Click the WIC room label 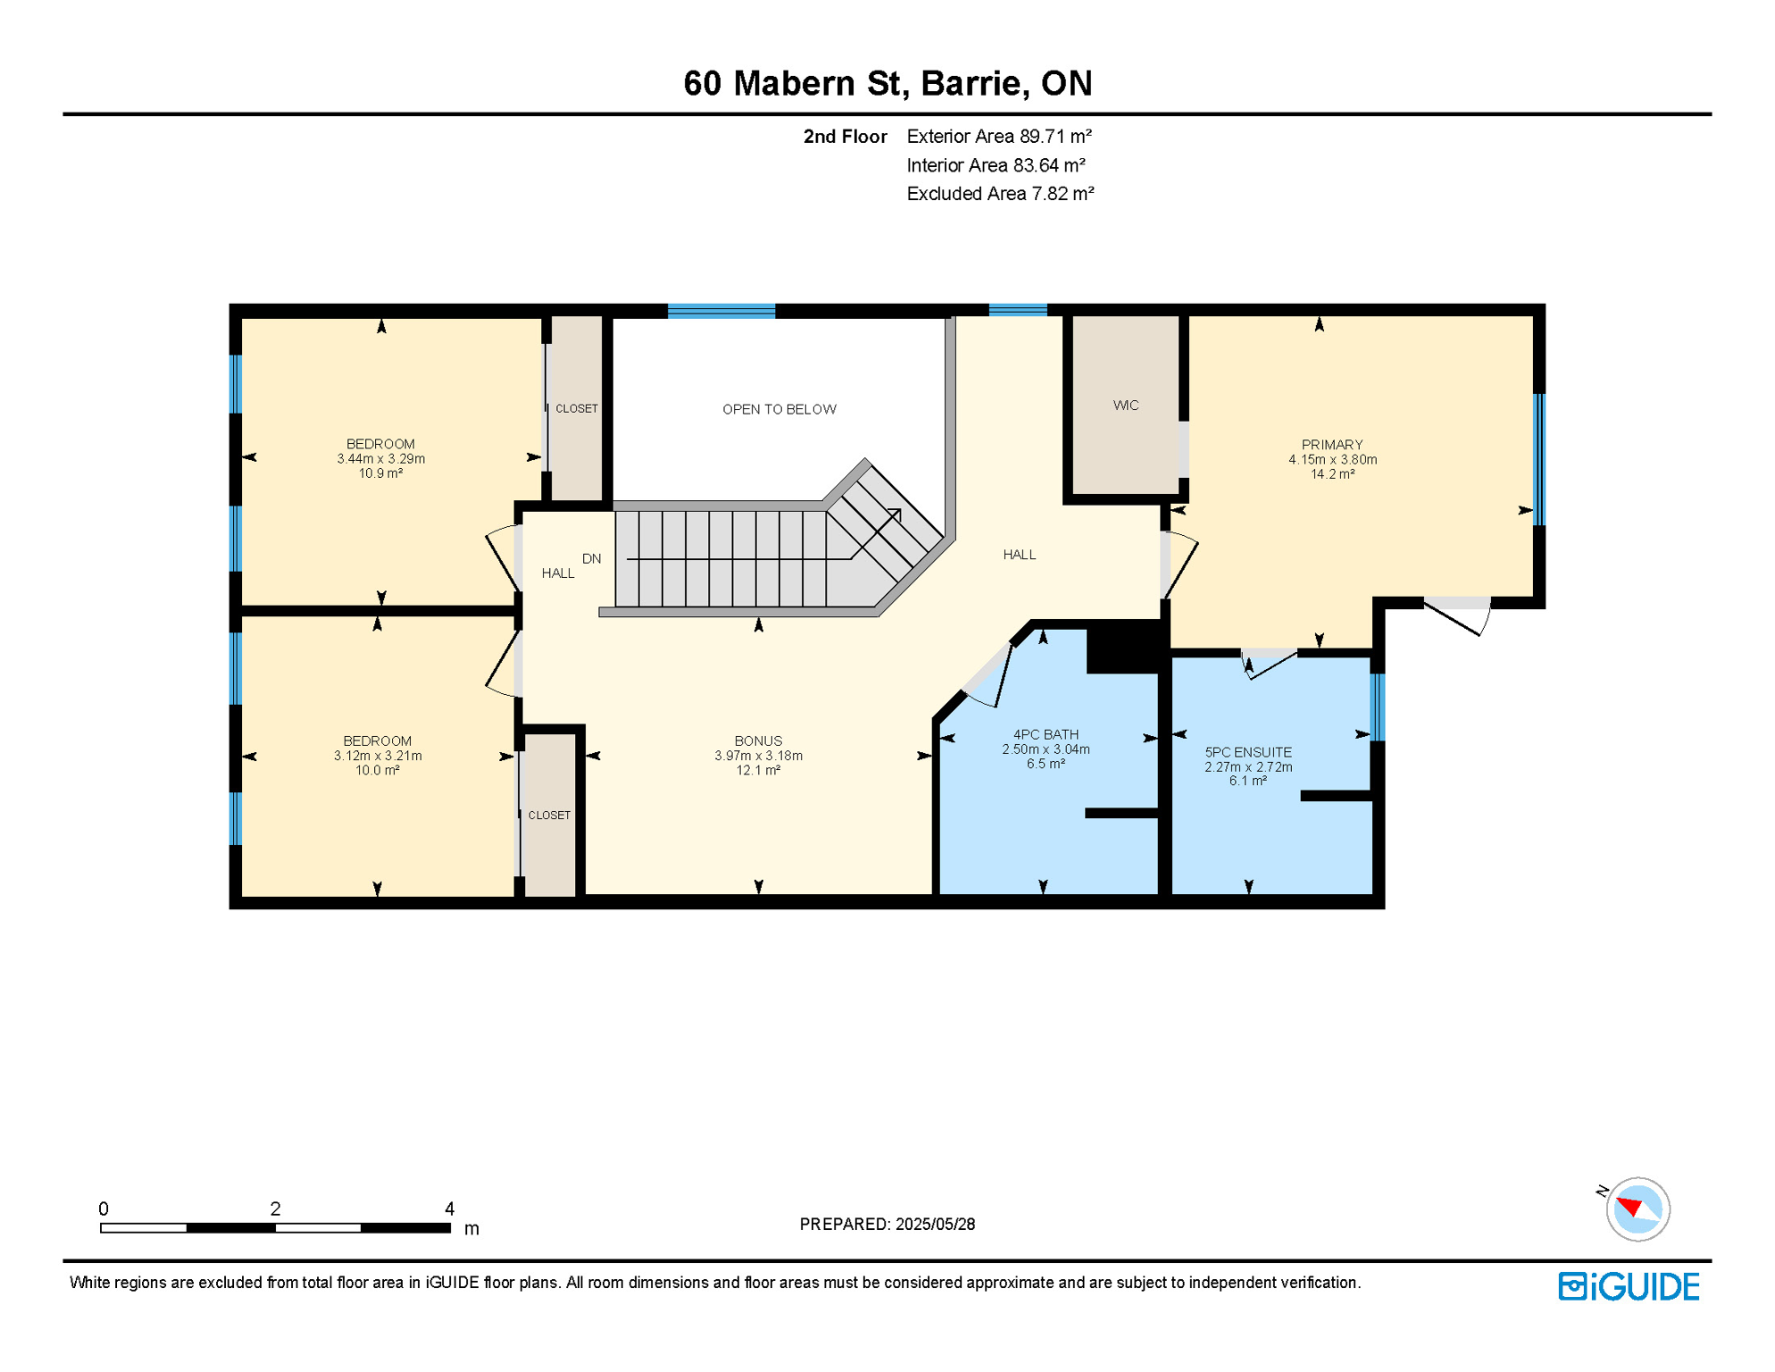pos(1125,406)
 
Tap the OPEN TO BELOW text pos(779,409)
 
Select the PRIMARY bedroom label pos(1331,445)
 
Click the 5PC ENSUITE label pos(1247,752)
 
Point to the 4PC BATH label pos(1045,734)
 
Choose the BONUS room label pos(758,740)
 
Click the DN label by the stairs pos(591,558)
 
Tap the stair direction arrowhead pos(895,515)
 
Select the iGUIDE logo pos(1629,1286)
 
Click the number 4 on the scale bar pos(449,1209)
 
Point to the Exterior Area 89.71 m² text pos(999,136)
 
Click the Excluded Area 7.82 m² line pos(1000,193)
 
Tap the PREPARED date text pos(887,1224)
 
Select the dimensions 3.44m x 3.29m pos(380,459)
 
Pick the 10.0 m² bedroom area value pos(377,770)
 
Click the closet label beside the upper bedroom pos(577,408)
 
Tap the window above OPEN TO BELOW pos(721,311)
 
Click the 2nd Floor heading pos(845,136)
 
